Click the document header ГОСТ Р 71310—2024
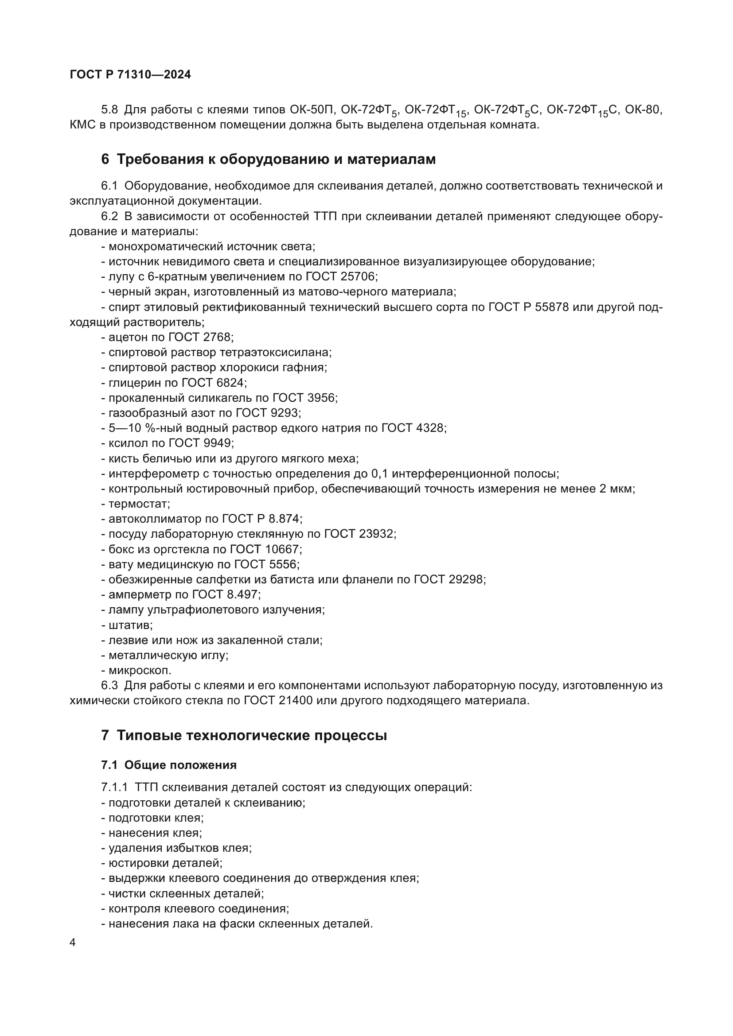[x=130, y=75]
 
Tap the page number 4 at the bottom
[x=73, y=943]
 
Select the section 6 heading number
[x=105, y=159]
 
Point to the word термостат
[x=139, y=504]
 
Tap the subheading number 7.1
[x=109, y=765]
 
